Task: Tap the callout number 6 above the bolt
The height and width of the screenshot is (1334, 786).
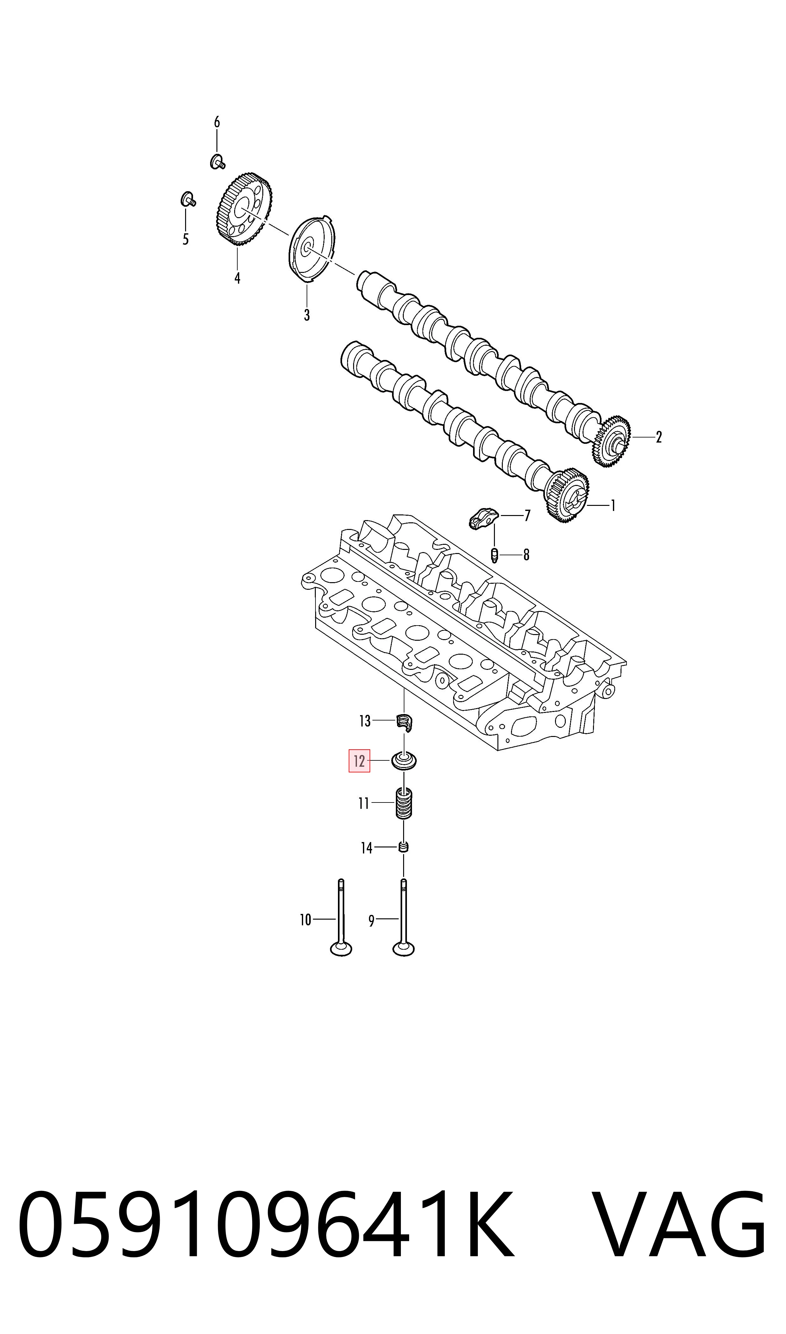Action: click(217, 123)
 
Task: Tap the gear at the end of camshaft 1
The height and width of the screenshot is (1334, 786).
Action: click(567, 496)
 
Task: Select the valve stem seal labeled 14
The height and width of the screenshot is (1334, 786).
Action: click(403, 848)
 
